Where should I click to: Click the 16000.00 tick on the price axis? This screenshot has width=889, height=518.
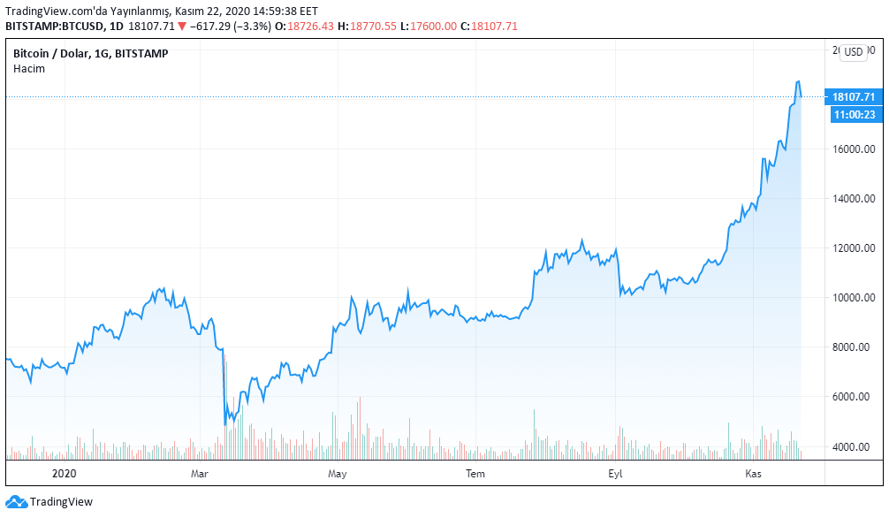(x=852, y=149)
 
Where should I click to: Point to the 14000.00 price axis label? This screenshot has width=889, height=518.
(x=852, y=198)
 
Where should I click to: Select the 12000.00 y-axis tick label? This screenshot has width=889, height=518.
(x=852, y=248)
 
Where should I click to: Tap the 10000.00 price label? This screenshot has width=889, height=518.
(x=852, y=298)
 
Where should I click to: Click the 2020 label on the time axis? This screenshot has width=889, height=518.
(x=65, y=474)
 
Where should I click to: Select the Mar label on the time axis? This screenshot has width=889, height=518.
(x=199, y=474)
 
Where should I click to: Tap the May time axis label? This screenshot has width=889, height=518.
(x=337, y=474)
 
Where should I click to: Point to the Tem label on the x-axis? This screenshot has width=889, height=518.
(x=476, y=474)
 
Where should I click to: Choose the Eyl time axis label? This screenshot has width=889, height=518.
(x=615, y=474)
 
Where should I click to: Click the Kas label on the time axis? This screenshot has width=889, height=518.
(x=754, y=474)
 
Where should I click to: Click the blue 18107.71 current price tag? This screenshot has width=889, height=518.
(x=853, y=96)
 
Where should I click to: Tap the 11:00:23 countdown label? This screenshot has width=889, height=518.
(x=853, y=114)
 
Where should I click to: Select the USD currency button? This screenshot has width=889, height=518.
(x=853, y=52)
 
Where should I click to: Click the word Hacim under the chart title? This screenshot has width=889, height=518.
(x=29, y=68)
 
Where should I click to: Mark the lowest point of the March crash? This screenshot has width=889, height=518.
(x=225, y=425)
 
